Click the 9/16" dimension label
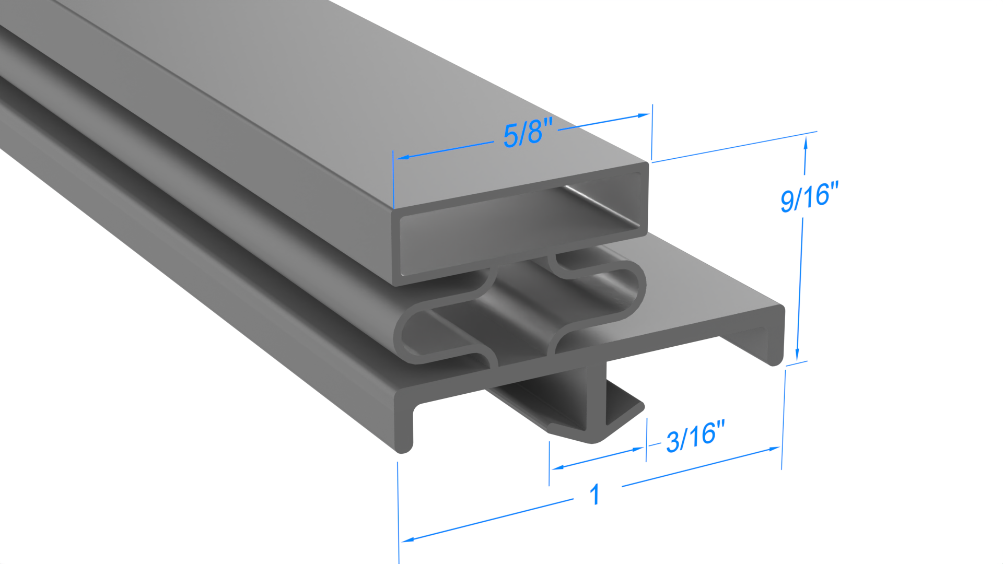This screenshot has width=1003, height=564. click(809, 197)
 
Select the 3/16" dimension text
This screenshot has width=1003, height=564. click(695, 437)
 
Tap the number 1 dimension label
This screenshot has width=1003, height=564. click(594, 494)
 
